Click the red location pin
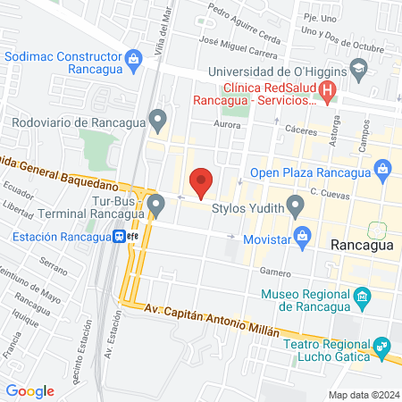click(x=202, y=182)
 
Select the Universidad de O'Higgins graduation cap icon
click(x=358, y=69)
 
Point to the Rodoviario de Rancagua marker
click(x=158, y=118)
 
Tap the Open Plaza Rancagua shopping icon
click(x=383, y=168)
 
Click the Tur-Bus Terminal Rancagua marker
click(x=157, y=205)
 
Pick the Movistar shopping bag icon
click(x=303, y=236)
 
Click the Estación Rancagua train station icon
click(x=118, y=236)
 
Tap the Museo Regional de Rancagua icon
click(x=362, y=296)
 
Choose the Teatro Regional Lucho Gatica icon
click(x=382, y=345)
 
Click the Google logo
click(x=29, y=390)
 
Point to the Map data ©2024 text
click(x=363, y=394)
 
